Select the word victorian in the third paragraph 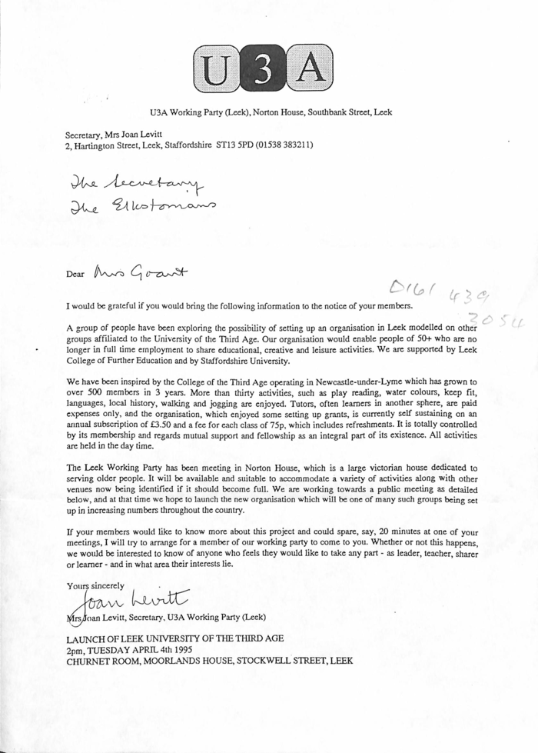(x=350, y=467)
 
